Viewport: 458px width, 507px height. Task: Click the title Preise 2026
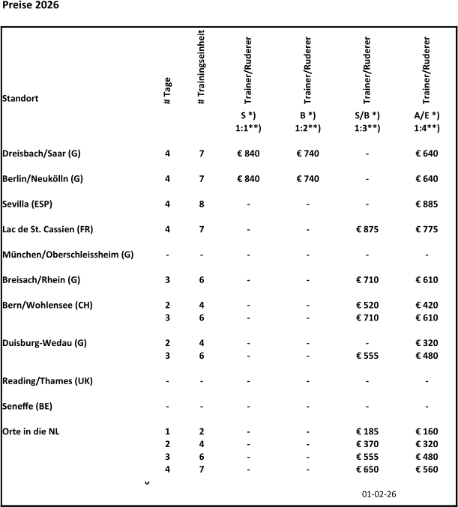coord(31,6)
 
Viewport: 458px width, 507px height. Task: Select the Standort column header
coord(21,98)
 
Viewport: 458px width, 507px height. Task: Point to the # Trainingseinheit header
coord(201,67)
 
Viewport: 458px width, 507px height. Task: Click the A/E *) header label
coord(427,116)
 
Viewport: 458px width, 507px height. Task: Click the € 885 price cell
coord(427,204)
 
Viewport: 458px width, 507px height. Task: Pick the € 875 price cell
coord(367,229)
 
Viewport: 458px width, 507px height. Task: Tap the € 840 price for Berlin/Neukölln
coord(249,178)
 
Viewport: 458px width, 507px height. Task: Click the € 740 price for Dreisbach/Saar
coord(308,153)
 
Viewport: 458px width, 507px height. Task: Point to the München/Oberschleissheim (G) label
coord(68,255)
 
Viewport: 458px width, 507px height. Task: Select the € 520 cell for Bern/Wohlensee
coord(367,306)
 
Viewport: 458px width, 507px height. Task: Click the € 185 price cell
coord(367,432)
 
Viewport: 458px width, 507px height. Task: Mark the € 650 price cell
coord(367,470)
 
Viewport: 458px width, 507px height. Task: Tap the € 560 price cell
coord(427,470)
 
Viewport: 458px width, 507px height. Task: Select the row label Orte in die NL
coord(32,432)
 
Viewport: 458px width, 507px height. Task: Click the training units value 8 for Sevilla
coord(201,204)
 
